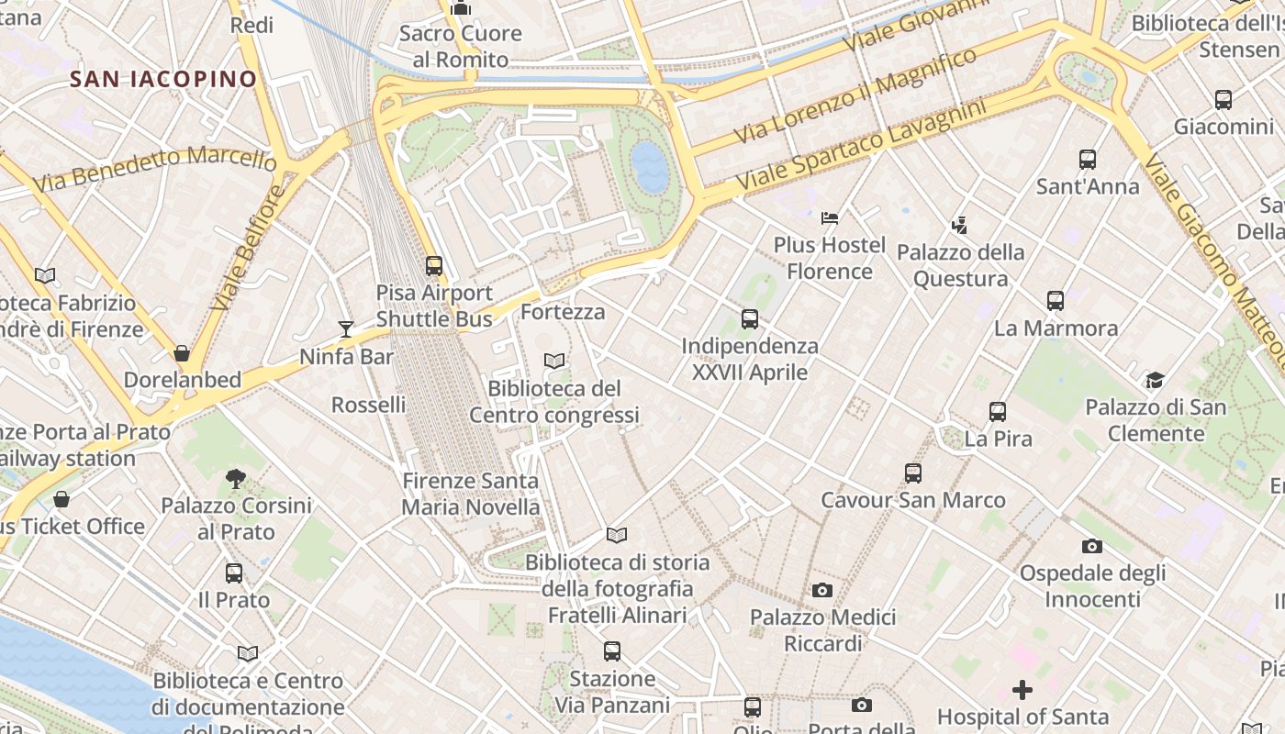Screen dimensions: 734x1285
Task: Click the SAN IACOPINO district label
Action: (163, 79)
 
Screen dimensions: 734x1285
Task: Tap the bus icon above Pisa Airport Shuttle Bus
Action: (434, 266)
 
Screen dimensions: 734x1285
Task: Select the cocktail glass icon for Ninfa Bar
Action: (346, 329)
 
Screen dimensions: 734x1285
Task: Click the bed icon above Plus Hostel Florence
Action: (830, 218)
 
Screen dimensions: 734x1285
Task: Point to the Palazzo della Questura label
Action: (960, 265)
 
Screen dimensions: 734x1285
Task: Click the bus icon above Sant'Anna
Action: (1088, 160)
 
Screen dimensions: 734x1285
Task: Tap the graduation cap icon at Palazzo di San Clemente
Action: (1155, 380)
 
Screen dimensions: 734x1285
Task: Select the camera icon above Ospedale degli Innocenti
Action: (1091, 546)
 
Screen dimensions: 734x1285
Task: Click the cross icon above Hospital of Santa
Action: (1022, 689)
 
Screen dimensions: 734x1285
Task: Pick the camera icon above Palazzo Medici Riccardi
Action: (822, 590)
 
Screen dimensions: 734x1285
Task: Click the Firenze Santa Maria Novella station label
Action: (471, 494)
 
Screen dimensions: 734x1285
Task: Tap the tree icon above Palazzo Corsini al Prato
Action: (236, 478)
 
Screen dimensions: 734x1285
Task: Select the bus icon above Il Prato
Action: (234, 573)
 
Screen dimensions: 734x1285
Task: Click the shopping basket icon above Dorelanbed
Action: (182, 353)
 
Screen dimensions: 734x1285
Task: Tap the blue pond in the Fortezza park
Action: (650, 167)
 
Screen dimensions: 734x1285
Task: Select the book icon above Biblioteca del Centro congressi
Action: (553, 361)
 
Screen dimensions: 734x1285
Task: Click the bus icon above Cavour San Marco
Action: (912, 473)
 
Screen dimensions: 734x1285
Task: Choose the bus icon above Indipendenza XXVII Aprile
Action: (750, 319)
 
